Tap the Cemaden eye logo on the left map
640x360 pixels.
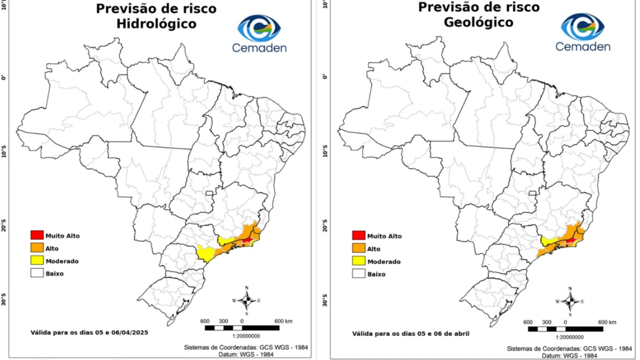[x=259, y=28]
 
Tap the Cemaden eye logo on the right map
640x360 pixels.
[x=582, y=27]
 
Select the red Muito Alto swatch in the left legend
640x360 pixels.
[x=37, y=235]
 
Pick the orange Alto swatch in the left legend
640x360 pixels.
[x=37, y=248]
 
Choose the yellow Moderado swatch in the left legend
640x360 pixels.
[x=37, y=261]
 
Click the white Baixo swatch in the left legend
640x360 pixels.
[x=37, y=274]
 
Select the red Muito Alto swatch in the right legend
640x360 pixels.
[x=358, y=235]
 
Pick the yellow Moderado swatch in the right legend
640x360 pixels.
[x=358, y=261]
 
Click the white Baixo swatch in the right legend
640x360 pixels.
[x=358, y=274]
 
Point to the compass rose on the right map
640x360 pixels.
[x=570, y=301]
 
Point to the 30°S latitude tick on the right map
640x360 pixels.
[x=326, y=301]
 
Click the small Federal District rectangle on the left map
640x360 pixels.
[x=210, y=193]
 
